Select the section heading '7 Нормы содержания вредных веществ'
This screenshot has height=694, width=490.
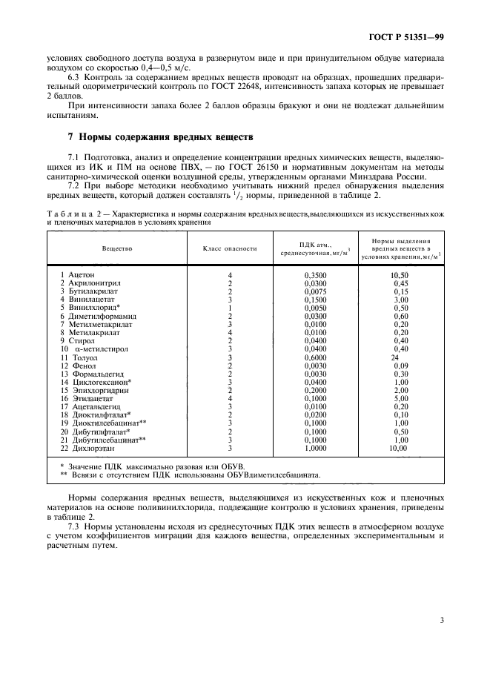[160, 137]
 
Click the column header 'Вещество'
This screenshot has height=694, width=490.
[117, 248]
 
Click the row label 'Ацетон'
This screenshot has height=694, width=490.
[81, 274]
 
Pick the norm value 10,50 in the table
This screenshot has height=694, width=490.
[400, 274]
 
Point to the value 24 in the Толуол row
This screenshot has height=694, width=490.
[395, 357]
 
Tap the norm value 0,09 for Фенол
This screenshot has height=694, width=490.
[400, 366]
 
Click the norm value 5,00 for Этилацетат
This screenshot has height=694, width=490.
[400, 400]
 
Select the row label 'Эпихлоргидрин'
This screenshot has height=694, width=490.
[93, 391]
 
